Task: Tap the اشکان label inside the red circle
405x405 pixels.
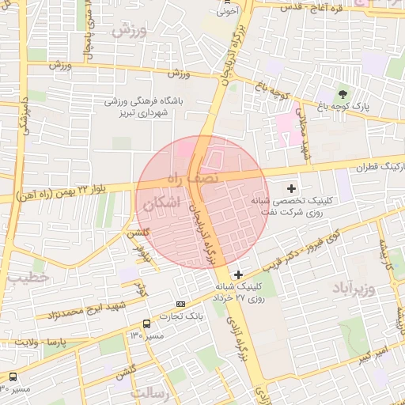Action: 161,203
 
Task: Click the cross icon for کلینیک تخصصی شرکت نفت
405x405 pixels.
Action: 292,188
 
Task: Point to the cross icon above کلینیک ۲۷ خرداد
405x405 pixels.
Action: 238,274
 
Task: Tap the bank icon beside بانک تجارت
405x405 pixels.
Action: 181,304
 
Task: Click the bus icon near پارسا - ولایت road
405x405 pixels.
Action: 146,324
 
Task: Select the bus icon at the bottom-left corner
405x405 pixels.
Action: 13,377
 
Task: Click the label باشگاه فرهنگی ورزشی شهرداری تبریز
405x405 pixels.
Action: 161,107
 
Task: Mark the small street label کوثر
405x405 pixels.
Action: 140,288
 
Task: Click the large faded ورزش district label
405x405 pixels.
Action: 130,32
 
